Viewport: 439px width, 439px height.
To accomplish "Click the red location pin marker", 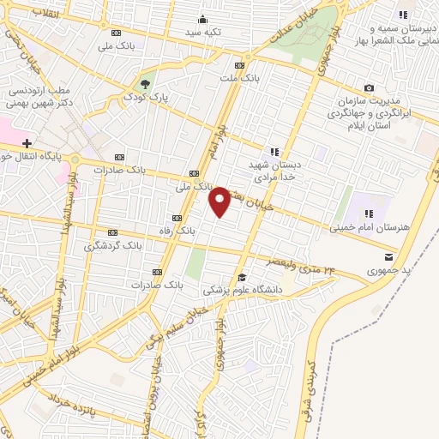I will click(x=220, y=201).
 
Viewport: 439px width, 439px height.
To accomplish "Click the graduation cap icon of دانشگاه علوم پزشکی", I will click(x=243, y=277).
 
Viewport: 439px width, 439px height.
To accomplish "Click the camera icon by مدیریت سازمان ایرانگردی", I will click(x=369, y=87).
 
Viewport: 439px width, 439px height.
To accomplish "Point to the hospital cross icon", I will click(x=27, y=142).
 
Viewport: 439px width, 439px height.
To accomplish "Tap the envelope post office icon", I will click(x=390, y=256).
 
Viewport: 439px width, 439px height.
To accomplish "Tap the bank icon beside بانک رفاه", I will click(x=177, y=218).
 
